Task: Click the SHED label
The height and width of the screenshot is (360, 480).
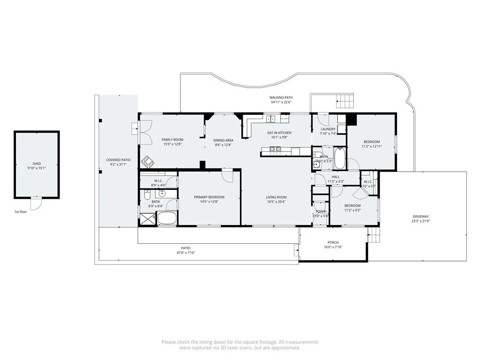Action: click(37, 164)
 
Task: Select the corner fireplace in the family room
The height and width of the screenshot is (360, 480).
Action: click(149, 161)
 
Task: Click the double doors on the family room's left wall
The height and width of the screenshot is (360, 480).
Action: click(146, 131)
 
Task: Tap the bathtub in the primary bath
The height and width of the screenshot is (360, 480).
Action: click(166, 218)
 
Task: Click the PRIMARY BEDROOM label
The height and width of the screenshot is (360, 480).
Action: click(209, 197)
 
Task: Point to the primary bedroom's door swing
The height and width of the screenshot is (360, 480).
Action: click(228, 176)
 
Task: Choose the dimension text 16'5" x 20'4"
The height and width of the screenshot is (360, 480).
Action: click(276, 202)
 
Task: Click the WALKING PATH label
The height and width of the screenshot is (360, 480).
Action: click(281, 97)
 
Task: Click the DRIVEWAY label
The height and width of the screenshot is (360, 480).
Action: click(420, 216)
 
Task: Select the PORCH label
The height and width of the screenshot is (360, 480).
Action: click(333, 242)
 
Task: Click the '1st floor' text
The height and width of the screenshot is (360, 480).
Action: click(21, 212)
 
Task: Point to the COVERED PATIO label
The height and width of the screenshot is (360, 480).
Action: click(118, 160)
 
